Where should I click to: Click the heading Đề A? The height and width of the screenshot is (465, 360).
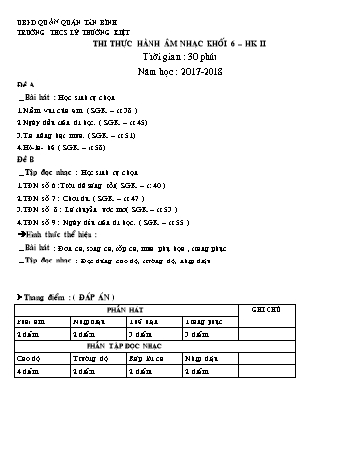[x=28, y=87]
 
